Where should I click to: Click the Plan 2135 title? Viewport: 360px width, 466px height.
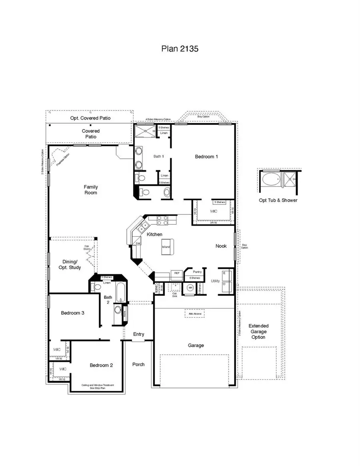point(180,49)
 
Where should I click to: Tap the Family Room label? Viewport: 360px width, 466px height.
point(91,190)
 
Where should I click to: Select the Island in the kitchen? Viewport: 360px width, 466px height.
point(166,245)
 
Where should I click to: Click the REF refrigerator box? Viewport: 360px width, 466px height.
point(176,273)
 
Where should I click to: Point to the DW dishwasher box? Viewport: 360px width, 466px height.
point(138,243)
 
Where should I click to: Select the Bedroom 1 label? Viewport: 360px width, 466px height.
point(206,156)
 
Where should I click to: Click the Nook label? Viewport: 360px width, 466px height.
point(221,246)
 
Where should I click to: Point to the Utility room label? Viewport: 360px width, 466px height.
point(215,281)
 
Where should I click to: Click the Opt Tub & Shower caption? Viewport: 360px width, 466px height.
point(278,200)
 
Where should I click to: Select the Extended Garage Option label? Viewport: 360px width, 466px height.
point(258,332)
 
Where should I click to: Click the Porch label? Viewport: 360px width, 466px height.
point(138,364)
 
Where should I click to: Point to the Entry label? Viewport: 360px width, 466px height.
point(138,334)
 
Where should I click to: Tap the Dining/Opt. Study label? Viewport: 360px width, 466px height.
point(72,264)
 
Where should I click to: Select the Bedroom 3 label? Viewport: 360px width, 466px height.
point(72,313)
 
